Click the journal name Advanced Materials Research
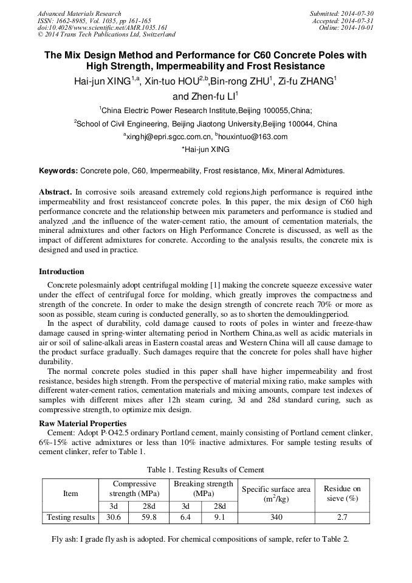point(79,13)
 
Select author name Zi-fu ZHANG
point(308,81)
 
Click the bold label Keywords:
point(58,171)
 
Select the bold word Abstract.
point(55,191)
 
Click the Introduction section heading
point(61,272)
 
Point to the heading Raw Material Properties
point(83,423)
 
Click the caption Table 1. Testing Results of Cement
point(205,470)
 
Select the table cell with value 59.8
point(149,517)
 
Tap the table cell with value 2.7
point(342,517)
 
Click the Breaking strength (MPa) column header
point(204,489)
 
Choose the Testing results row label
point(70,517)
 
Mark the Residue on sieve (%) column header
point(342,493)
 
